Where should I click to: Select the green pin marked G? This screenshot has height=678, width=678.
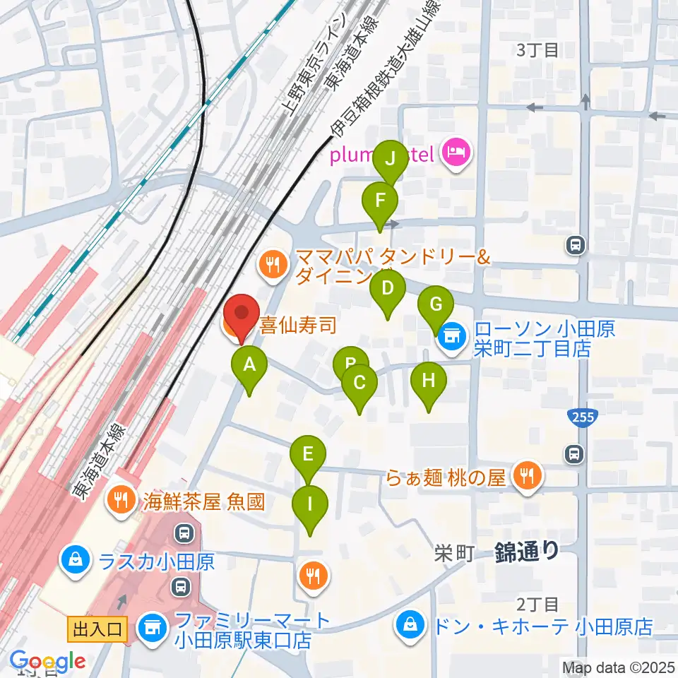click(436, 305)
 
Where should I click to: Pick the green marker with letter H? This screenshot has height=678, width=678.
click(429, 381)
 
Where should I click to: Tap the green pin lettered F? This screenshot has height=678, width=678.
click(380, 201)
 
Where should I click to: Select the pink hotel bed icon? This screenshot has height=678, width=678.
click(456, 153)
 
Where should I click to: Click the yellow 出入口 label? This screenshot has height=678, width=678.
click(97, 629)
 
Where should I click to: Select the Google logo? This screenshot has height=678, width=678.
click(47, 661)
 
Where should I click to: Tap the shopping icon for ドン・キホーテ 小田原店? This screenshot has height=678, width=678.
click(410, 625)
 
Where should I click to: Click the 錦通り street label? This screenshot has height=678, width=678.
click(527, 549)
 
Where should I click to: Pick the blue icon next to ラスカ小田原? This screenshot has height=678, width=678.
click(74, 562)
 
